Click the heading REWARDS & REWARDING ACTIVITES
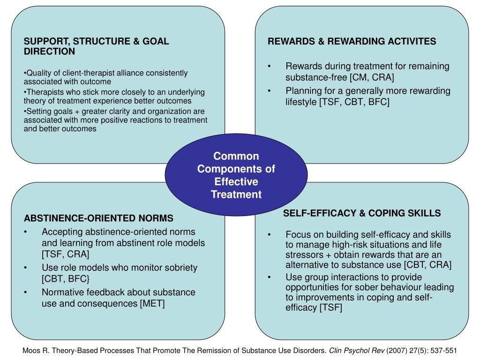click(352, 41)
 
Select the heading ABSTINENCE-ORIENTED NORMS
click(98, 218)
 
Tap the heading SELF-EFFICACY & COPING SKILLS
click(361, 213)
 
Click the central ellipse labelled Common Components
click(236, 175)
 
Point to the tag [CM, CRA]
click(372, 77)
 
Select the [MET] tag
click(152, 304)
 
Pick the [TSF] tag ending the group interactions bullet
click(330, 307)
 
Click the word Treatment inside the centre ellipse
click(236, 195)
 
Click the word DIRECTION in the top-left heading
click(49, 52)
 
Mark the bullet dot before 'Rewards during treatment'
click(270, 67)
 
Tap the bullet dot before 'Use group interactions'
click(270, 277)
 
